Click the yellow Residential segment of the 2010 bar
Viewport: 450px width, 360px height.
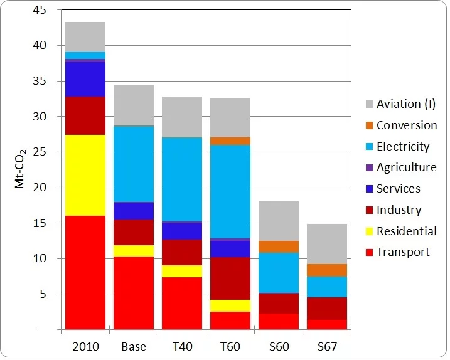coord(85,175)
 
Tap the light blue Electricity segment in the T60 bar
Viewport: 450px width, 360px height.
coord(230,191)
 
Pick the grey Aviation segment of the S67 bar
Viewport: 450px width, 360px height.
coord(327,243)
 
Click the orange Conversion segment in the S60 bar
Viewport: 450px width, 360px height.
coord(279,246)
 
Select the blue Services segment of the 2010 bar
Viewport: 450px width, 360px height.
coord(85,79)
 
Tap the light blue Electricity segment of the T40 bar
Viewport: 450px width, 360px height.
coord(182,179)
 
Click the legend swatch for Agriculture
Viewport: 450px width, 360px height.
coord(369,167)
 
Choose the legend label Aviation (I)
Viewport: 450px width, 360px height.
coord(405,104)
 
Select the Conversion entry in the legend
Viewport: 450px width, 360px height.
coord(406,125)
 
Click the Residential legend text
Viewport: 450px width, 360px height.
coord(406,231)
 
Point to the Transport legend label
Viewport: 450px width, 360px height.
coord(403,251)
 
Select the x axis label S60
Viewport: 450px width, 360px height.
coord(279,346)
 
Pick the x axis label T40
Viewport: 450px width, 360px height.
coord(182,346)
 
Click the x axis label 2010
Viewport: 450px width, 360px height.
coord(85,346)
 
